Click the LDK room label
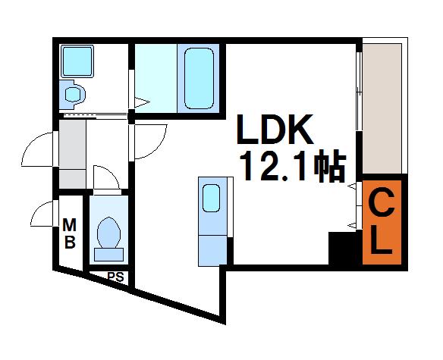point(275,130)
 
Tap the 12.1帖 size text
point(293,168)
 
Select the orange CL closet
point(382,222)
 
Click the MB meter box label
point(70,233)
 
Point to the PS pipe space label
point(115,277)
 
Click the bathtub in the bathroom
point(199,78)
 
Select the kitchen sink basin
point(212,198)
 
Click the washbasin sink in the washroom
point(73,94)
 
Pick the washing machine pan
point(77,61)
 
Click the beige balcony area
point(382,108)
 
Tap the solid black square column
point(342,248)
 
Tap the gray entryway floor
point(72,154)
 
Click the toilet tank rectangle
point(108,255)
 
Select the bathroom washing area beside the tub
point(156,78)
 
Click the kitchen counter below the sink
point(212,251)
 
